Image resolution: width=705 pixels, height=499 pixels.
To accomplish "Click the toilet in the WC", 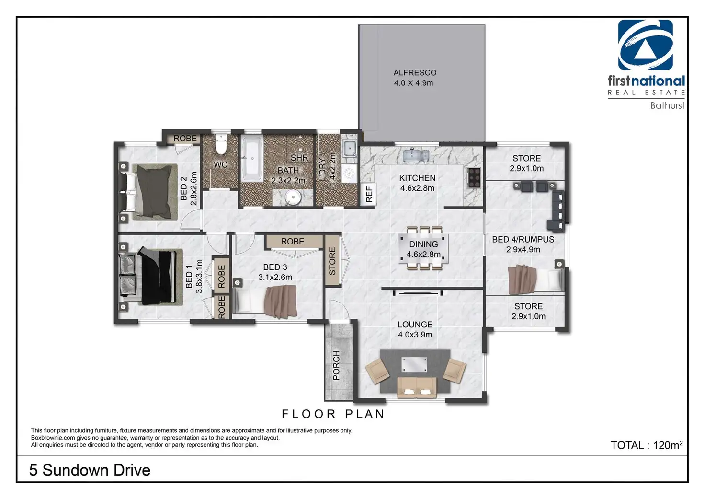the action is click(221, 144).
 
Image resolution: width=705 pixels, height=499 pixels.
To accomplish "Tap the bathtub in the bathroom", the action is click(252, 159).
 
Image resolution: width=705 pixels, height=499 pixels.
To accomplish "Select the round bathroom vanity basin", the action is click(293, 197).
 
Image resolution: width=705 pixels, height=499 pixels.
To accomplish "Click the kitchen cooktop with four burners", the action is click(474, 178).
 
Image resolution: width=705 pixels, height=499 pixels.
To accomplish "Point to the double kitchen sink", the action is click(416, 155).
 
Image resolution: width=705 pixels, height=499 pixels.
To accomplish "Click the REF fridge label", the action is click(369, 194).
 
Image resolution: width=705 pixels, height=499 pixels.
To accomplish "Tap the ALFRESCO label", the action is click(415, 73).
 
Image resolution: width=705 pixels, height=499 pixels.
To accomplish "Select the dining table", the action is click(424, 249).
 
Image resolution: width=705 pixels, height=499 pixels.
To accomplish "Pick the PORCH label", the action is click(336, 365).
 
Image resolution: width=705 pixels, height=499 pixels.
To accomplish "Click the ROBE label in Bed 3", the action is click(292, 241).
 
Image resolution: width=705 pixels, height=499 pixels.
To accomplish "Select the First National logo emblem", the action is click(645, 45).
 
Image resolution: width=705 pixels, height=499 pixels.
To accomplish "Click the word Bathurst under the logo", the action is click(667, 105).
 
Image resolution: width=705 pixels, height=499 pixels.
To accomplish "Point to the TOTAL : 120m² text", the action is click(647, 445).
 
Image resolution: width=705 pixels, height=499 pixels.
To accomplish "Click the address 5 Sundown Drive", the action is click(90, 470).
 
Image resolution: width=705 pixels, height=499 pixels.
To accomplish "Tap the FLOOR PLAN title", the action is click(333, 414).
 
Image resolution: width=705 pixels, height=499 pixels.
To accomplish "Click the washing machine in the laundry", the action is click(349, 173).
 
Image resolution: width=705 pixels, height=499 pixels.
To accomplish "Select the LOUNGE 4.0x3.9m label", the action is click(415, 329).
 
